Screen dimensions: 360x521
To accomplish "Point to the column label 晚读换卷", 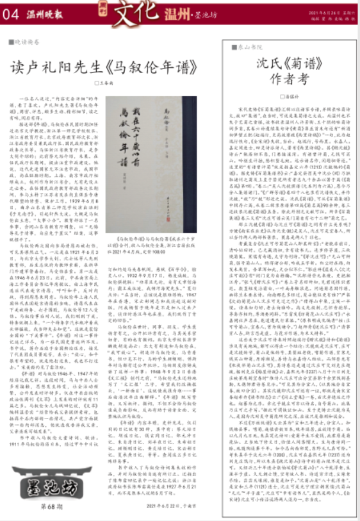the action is pos(24,41).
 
